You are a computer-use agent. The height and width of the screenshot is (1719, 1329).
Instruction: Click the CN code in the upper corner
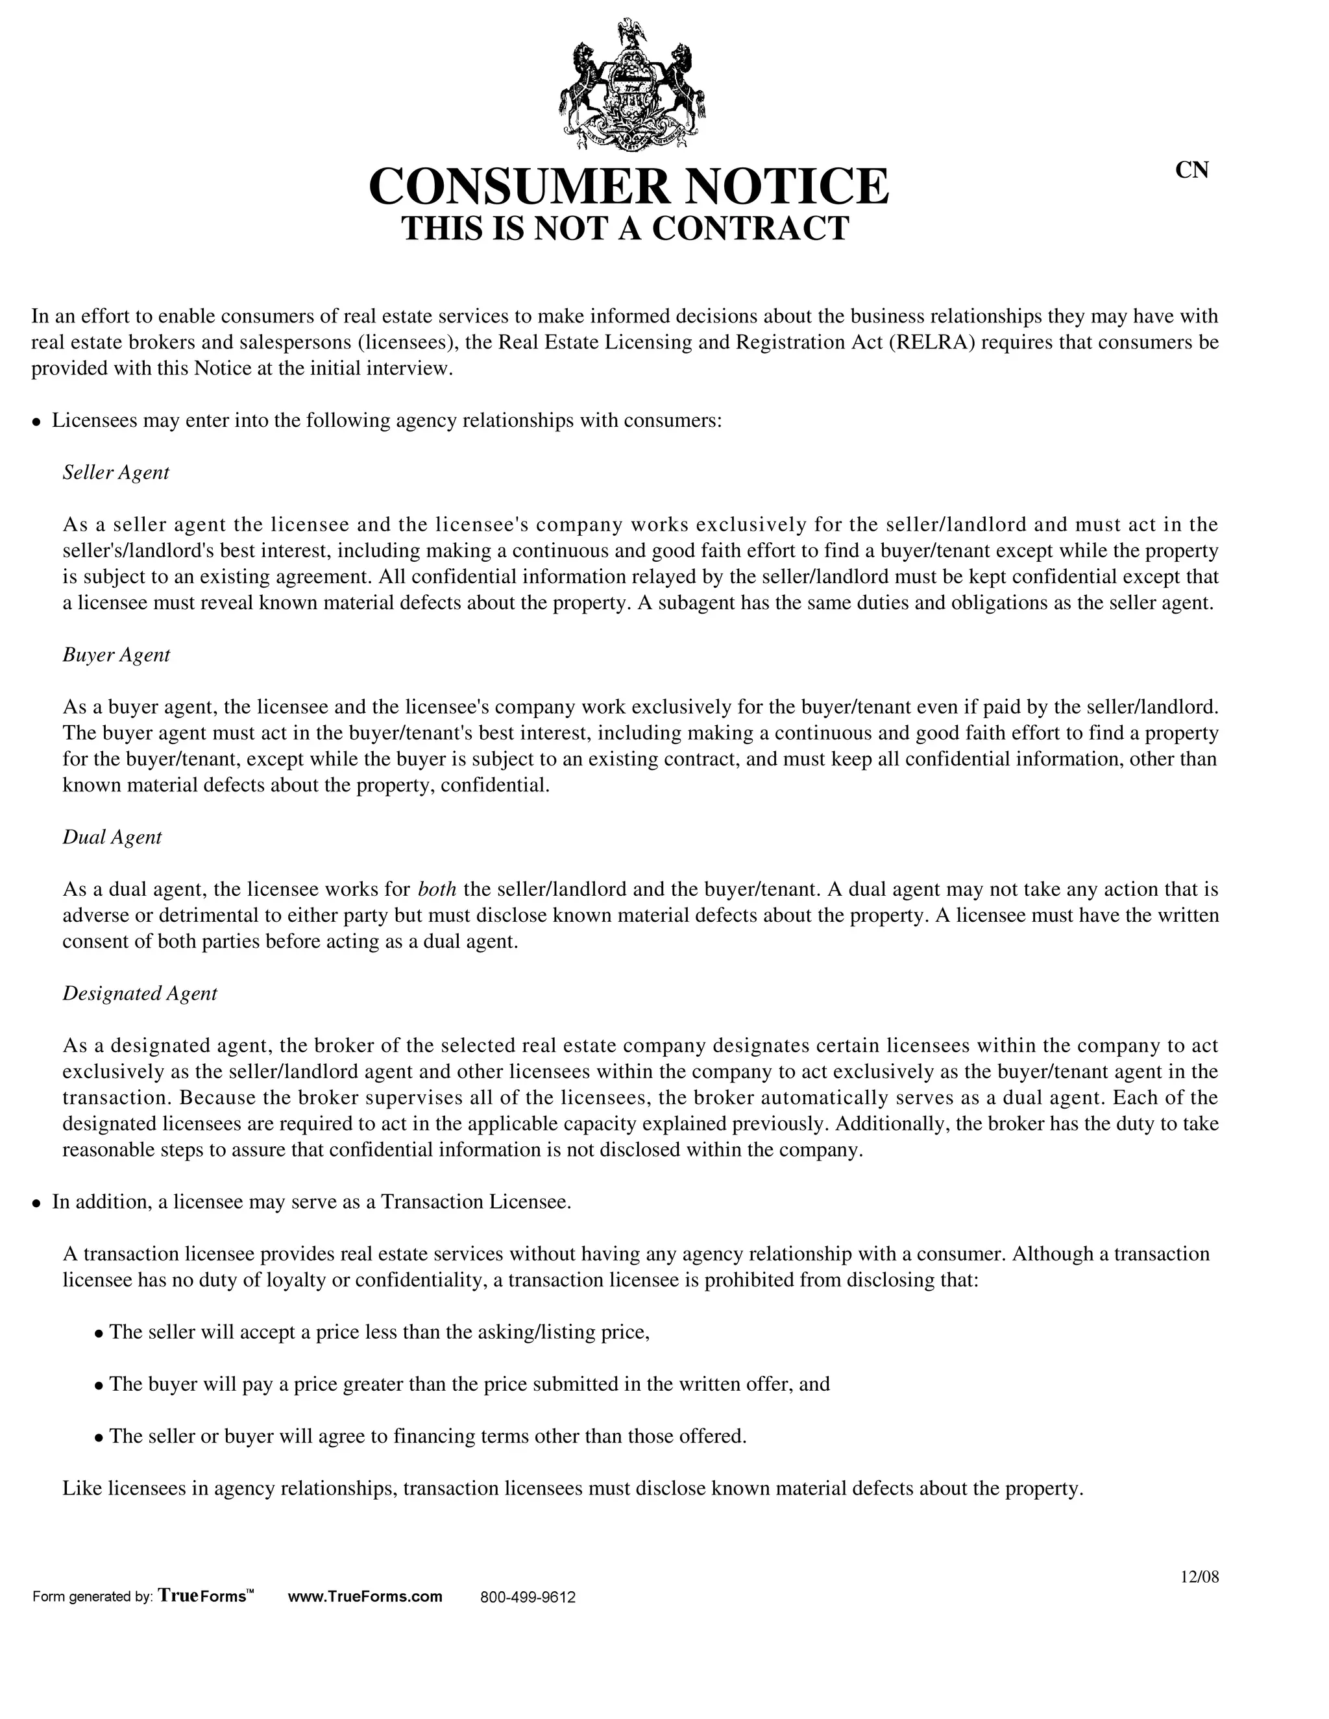click(x=1191, y=170)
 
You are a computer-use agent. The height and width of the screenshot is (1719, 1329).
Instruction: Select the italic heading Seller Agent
click(x=116, y=472)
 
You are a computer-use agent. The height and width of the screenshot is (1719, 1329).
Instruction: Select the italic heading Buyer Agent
click(x=116, y=655)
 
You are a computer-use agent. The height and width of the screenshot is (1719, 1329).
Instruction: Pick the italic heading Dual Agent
click(x=112, y=837)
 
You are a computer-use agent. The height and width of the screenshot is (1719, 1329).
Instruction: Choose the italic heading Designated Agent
click(x=140, y=993)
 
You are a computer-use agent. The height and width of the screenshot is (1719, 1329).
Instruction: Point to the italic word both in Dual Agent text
click(x=437, y=889)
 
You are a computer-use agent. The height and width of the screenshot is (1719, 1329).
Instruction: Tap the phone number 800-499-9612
click(x=528, y=1597)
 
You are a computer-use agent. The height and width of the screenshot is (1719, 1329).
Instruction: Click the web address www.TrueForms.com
click(x=365, y=1596)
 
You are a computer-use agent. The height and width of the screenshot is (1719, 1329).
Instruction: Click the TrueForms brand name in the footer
click(x=206, y=1596)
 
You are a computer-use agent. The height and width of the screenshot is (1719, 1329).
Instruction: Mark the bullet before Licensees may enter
click(x=36, y=422)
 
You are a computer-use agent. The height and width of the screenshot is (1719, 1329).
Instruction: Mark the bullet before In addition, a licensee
click(x=36, y=1203)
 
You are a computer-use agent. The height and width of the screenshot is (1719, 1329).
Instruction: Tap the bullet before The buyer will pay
click(x=99, y=1386)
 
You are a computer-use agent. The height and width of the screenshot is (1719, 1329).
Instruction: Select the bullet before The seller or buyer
click(x=99, y=1438)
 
